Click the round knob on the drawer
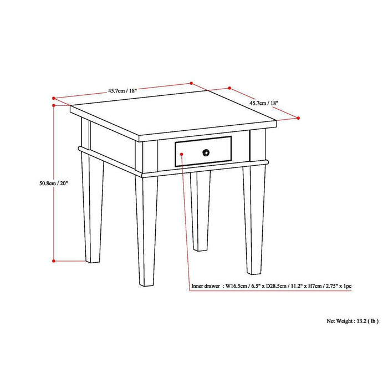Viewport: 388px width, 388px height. pos(206,152)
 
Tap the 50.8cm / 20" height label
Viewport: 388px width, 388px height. pos(54,184)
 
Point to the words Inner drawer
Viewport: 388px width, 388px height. pos(205,286)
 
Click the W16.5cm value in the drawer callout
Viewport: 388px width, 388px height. pos(236,286)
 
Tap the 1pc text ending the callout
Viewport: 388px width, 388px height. pos(346,286)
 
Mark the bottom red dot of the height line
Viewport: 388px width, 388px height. pos(53,260)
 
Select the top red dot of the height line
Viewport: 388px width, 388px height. pos(53,104)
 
